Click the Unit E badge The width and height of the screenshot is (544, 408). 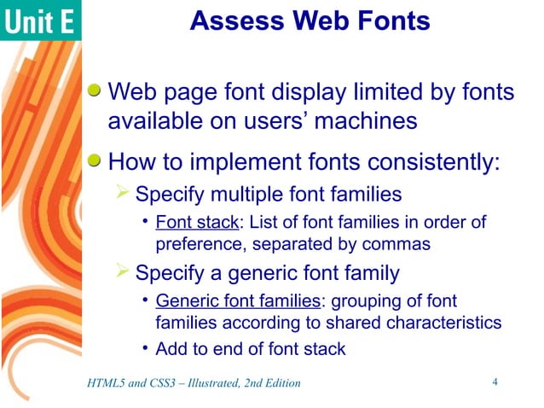(x=40, y=21)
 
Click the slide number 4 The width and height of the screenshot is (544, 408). (x=495, y=382)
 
